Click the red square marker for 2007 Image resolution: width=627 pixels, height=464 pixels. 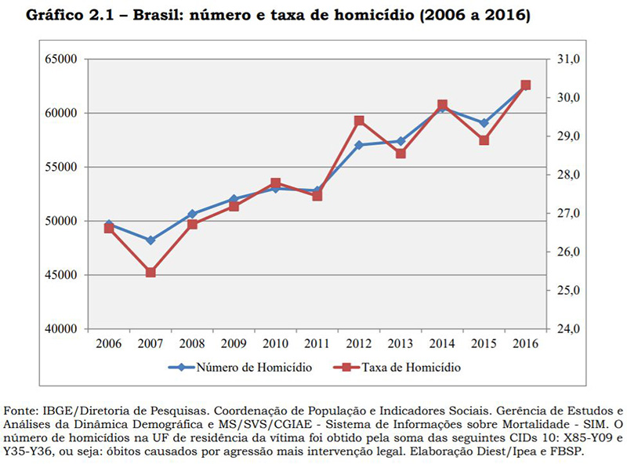click(150, 273)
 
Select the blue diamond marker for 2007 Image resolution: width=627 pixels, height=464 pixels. click(150, 240)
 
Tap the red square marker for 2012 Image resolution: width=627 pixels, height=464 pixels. click(359, 121)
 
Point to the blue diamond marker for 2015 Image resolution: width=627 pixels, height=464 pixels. click(484, 123)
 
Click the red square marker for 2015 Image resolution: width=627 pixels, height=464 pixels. click(484, 140)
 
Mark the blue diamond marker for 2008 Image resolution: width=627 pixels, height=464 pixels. click(192, 214)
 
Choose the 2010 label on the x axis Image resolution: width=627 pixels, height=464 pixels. click(275, 344)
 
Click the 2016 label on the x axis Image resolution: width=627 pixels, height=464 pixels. click(525, 344)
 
